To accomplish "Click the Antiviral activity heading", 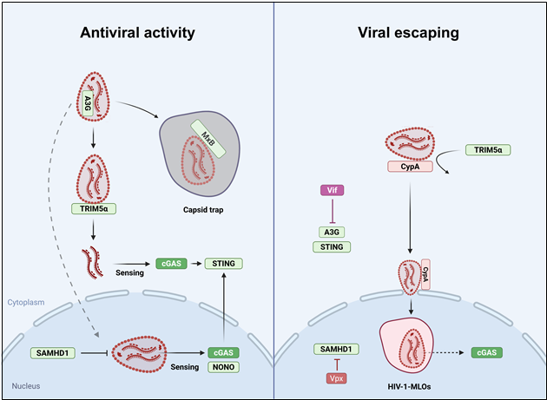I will click(x=136, y=33).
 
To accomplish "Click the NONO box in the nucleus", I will click(x=221, y=367).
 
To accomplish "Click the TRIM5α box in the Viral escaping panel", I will click(x=488, y=150).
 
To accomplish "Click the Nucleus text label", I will click(x=25, y=385).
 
